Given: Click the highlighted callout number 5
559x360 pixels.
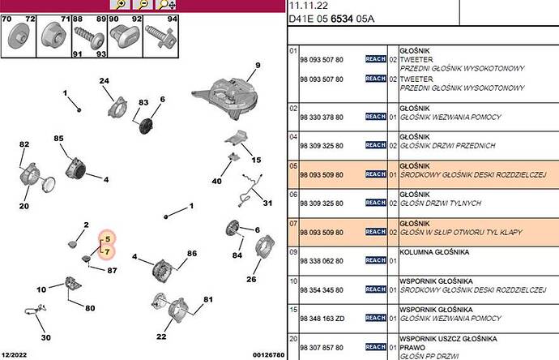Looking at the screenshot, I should pos(107,239).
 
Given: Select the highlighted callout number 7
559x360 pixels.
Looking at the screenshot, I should pos(107,252).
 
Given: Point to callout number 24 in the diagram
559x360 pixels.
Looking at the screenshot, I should pos(104,80).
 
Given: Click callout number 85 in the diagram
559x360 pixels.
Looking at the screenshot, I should pos(58,139).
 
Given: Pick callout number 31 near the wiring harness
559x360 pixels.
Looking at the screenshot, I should pos(267,203).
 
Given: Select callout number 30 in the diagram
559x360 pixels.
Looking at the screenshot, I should pos(45,338).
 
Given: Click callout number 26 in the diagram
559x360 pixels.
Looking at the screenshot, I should pos(251,281).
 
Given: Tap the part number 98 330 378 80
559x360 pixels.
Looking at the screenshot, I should pos(322,117).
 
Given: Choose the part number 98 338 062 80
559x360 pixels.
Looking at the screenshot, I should pos(322,260).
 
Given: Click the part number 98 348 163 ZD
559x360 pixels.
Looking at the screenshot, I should pos(322,318).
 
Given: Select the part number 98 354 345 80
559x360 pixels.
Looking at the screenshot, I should pos(322,289).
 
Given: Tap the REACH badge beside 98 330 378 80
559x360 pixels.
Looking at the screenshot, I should pos(375,117).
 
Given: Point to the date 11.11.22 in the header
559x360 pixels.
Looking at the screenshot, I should pos(306,6).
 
